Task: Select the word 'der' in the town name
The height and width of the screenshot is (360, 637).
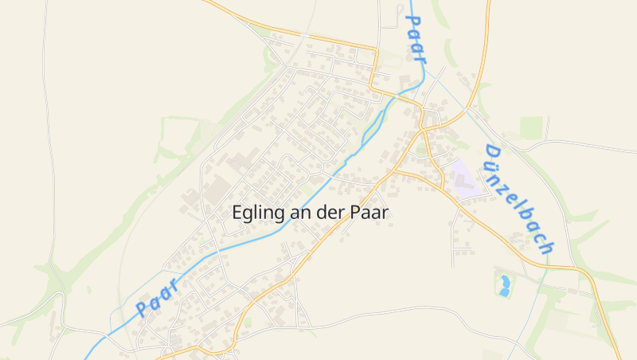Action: pos(327,213)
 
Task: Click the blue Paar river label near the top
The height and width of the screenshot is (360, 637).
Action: pos(416,38)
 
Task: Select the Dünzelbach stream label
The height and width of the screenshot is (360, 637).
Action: pos(518,199)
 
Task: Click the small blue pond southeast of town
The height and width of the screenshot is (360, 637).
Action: pos(504,284)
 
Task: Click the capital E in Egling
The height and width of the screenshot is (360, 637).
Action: pos(237,213)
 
